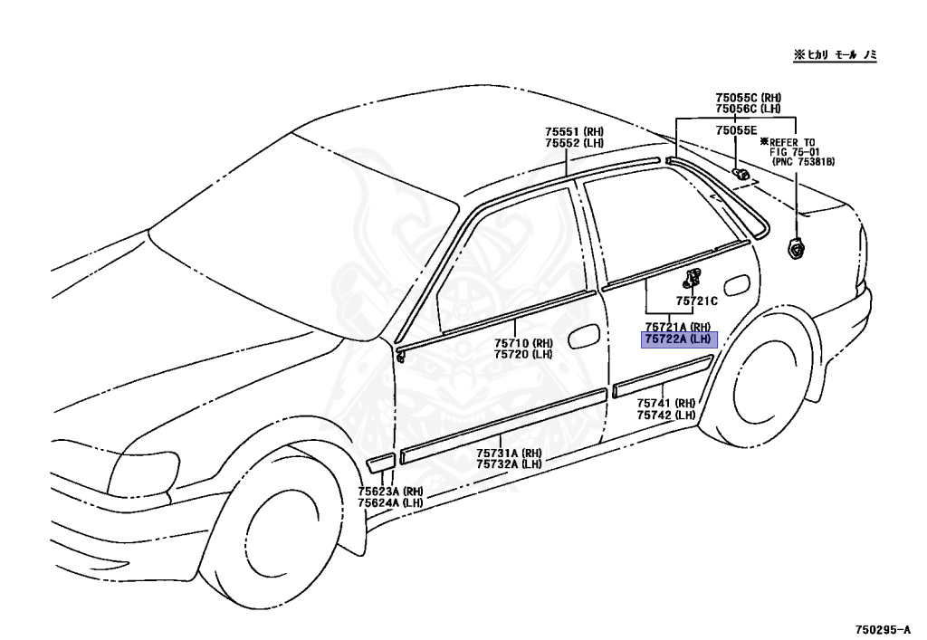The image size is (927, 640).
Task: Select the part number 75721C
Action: point(696,301)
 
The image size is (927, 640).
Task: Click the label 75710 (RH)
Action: point(523,343)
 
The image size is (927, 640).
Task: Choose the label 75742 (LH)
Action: point(665,415)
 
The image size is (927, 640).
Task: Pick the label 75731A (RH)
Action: point(509,453)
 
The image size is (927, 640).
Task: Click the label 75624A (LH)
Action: point(390,502)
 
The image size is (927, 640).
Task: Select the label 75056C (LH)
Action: point(748,109)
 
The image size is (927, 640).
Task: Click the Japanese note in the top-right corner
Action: point(836,55)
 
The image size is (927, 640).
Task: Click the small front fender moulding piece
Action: point(380,463)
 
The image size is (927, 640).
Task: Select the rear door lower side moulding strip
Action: point(664,376)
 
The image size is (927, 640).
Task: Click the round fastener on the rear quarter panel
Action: point(796,245)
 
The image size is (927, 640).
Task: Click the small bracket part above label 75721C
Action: point(694,277)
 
